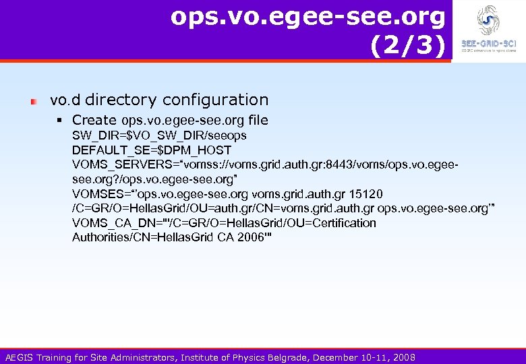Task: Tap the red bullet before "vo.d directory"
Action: [x=33, y=100]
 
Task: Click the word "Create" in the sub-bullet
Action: [x=95, y=120]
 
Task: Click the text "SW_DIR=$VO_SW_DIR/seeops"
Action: [x=159, y=135]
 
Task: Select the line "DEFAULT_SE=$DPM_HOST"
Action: [x=152, y=150]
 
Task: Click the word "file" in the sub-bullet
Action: [x=258, y=120]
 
